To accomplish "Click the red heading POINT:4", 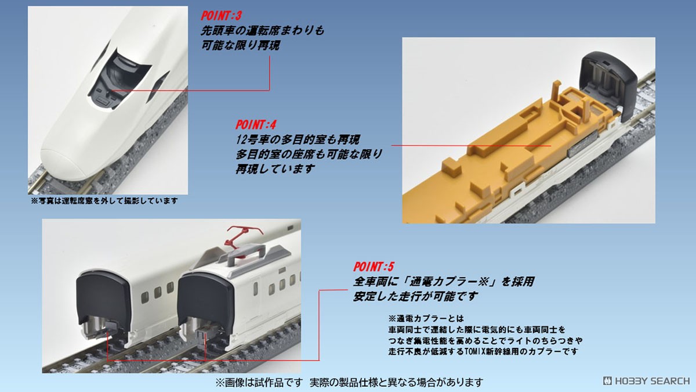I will (x=256, y=124).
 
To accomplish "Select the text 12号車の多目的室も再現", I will (x=298, y=139).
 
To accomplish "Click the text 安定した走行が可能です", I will (x=416, y=296).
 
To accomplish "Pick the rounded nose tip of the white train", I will (x=64, y=163).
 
